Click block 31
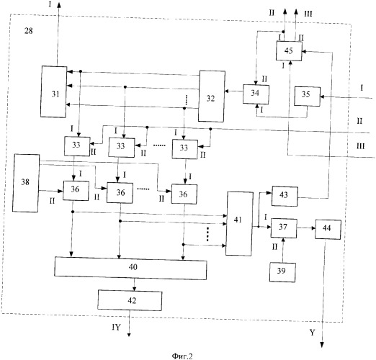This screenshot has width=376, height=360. (x=54, y=91)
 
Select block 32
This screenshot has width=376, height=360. (x=212, y=96)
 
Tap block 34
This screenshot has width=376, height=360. (x=256, y=94)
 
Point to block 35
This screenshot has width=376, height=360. (x=308, y=96)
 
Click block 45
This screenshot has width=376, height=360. (x=289, y=51)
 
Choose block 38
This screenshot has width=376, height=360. (x=26, y=183)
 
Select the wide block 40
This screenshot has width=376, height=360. (x=130, y=269)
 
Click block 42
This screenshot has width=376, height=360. (x=130, y=300)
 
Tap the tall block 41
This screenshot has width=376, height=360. (x=239, y=224)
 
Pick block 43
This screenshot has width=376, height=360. (x=285, y=196)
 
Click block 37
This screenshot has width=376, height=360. (x=284, y=228)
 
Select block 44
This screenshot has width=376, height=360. (x=328, y=230)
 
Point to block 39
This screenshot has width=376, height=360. (x=282, y=272)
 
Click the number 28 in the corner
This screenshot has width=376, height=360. (x=29, y=31)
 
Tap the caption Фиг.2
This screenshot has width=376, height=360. (x=182, y=356)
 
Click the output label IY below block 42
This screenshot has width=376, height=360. (x=116, y=327)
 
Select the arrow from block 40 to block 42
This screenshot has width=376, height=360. (x=135, y=284)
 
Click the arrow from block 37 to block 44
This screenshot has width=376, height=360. (x=306, y=228)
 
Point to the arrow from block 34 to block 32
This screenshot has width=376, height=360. (x=234, y=91)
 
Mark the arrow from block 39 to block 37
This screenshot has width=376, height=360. (x=283, y=251)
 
